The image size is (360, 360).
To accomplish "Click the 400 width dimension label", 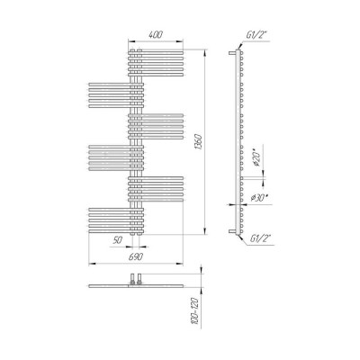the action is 156,34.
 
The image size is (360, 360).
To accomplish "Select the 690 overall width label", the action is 136,256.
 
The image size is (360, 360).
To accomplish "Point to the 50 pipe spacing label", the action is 118,240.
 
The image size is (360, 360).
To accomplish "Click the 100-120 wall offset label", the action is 195,311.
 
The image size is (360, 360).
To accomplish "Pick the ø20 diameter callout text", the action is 256,159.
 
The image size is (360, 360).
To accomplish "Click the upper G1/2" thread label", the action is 256,35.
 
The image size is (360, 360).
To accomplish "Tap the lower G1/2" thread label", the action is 260,238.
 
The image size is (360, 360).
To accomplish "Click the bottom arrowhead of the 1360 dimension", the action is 205,231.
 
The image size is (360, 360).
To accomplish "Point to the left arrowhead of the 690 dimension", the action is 92,264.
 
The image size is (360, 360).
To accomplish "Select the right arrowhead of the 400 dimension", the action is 179,41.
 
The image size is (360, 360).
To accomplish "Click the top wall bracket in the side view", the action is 232,53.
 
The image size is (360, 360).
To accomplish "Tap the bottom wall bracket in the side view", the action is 232,231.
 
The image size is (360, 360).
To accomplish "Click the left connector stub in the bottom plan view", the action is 132,278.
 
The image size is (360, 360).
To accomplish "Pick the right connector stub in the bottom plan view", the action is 139,278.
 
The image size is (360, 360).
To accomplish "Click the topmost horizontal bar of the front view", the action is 156,52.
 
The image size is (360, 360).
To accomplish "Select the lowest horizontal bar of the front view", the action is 116,231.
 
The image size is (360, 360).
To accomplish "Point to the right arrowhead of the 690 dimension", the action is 179,264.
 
